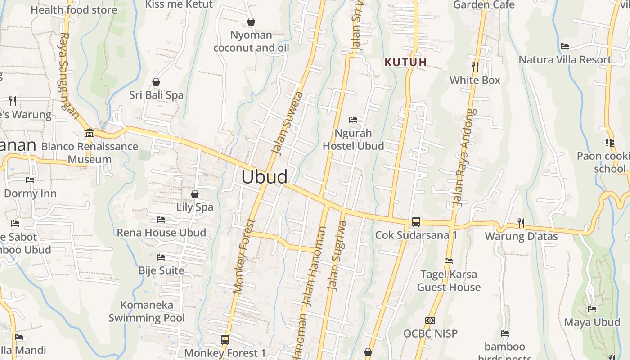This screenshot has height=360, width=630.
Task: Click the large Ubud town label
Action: (x=264, y=177)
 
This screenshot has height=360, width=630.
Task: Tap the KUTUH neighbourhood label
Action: (x=405, y=62)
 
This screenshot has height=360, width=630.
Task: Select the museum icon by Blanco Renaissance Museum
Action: (x=89, y=133)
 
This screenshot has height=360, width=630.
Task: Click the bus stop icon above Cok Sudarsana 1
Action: (x=416, y=222)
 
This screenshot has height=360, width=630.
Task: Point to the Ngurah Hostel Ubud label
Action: (x=353, y=139)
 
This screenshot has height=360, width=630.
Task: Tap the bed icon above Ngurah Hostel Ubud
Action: (x=353, y=120)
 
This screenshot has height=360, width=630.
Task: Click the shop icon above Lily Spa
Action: (x=195, y=194)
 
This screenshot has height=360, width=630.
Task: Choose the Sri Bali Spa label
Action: (x=156, y=95)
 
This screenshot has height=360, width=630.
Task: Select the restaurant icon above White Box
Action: (x=475, y=67)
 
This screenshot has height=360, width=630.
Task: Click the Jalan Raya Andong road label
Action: (x=465, y=157)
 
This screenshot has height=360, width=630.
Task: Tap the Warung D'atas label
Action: (x=521, y=236)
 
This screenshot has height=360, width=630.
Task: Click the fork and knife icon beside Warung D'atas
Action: (x=521, y=223)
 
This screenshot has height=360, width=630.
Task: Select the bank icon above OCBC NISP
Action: (x=430, y=320)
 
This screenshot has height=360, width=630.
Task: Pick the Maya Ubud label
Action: (x=592, y=322)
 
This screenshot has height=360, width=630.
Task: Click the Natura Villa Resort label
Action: (x=565, y=60)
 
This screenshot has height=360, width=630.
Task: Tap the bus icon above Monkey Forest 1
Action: (x=225, y=339)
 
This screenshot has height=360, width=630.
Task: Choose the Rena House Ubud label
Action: (x=161, y=233)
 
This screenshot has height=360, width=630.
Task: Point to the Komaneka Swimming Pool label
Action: (x=147, y=311)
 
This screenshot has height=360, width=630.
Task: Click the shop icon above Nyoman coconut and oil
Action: (x=251, y=22)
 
